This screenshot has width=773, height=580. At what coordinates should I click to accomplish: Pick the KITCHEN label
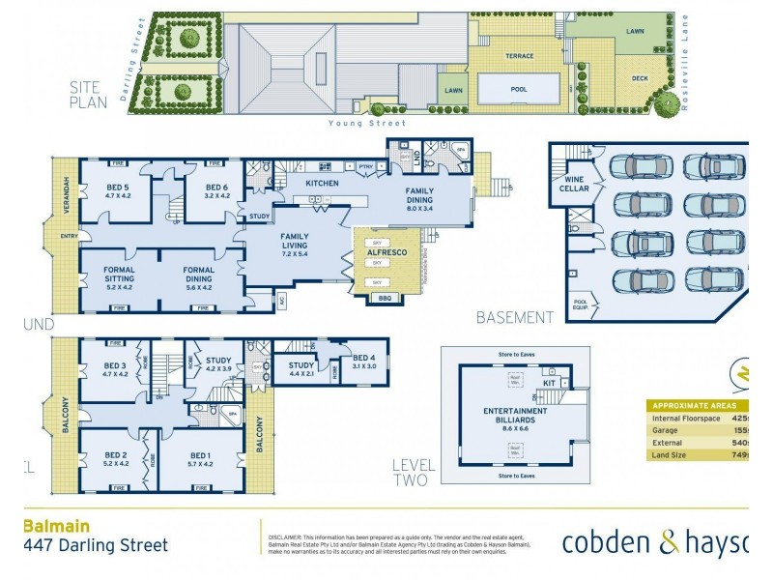[320, 182]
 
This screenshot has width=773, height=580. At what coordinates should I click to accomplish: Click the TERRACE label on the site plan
[520, 56]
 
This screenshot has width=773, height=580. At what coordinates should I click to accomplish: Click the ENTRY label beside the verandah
[69, 235]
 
